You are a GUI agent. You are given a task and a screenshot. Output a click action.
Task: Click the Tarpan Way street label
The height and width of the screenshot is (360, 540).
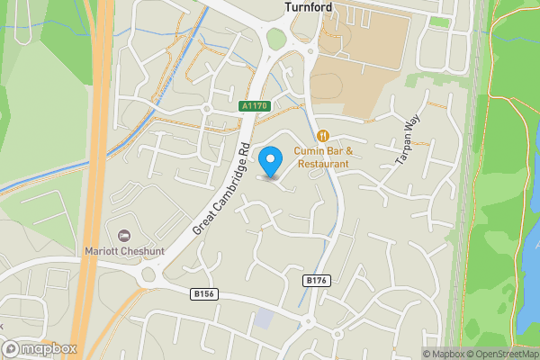(408, 142)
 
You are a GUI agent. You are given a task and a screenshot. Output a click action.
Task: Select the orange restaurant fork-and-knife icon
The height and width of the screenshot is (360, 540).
(310, 136)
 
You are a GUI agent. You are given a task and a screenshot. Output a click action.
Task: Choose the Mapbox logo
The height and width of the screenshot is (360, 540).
(40, 348)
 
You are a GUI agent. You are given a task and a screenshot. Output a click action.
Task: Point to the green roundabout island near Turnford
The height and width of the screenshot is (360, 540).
(275, 39)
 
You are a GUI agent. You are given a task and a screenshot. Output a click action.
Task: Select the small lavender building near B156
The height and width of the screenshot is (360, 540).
(263, 319)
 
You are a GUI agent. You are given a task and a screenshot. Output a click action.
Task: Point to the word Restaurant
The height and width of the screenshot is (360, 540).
(323, 164)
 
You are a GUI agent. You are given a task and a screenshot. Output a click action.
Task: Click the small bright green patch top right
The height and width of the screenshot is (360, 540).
(439, 21)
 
